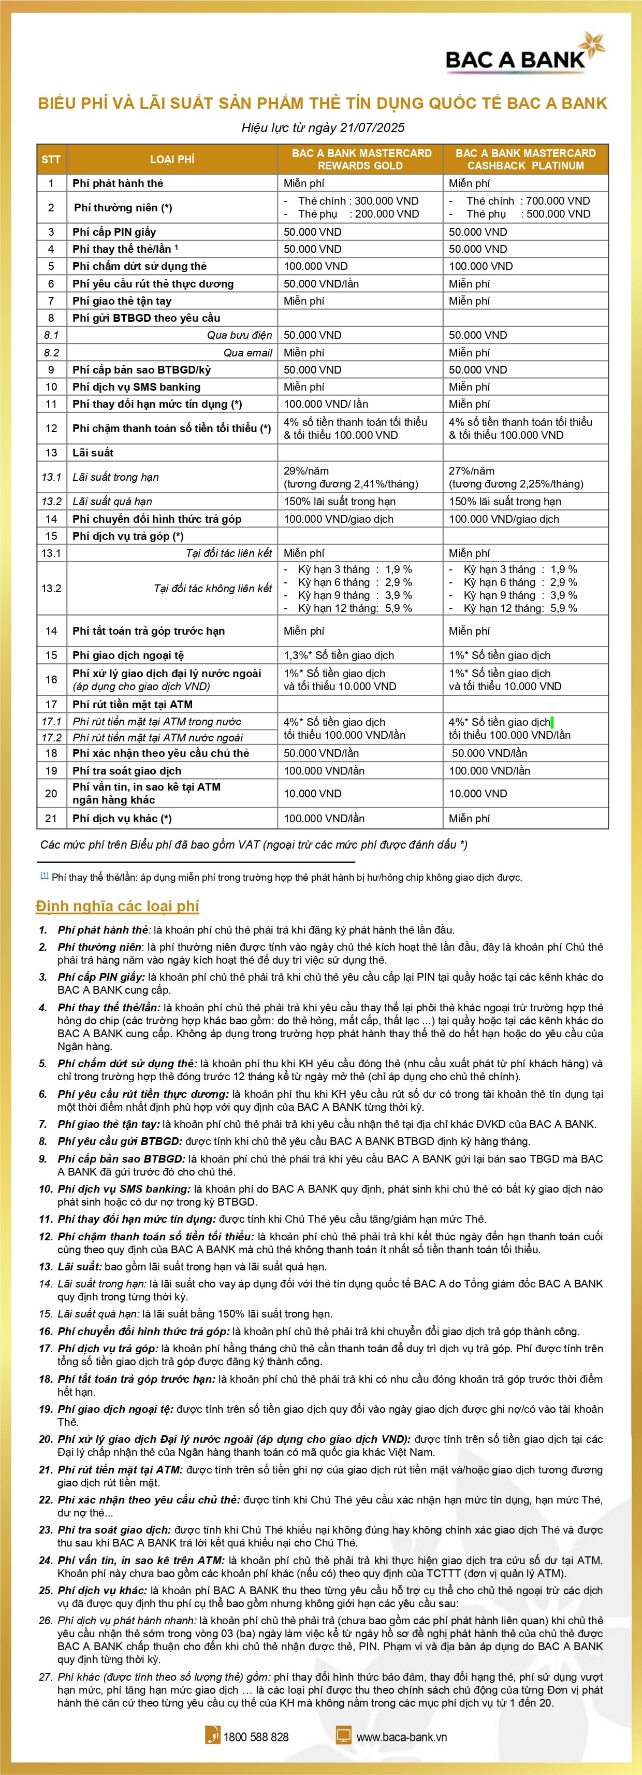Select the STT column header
pyautogui.click(x=51, y=159)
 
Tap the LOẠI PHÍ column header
pyautogui.click(x=172, y=159)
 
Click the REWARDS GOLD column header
pyautogui.click(x=360, y=159)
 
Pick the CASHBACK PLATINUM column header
pyautogui.click(x=525, y=159)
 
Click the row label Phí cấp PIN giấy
pyautogui.click(x=114, y=232)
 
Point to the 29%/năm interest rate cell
pyautogui.click(x=307, y=470)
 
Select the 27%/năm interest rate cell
pyautogui.click(x=472, y=470)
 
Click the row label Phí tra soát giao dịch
pyautogui.click(x=127, y=770)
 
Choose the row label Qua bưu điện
pyautogui.click(x=239, y=335)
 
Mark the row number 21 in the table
pyautogui.click(x=51, y=818)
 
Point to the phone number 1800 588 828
pyautogui.click(x=256, y=1737)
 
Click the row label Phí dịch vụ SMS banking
pyautogui.click(x=136, y=387)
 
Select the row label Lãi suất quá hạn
pyautogui.click(x=112, y=501)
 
